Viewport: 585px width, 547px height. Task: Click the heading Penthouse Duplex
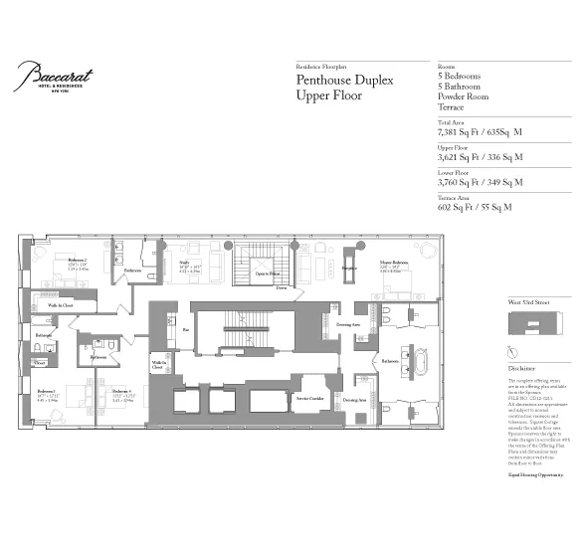tap(345, 79)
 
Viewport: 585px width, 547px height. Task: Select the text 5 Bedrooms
tap(459, 76)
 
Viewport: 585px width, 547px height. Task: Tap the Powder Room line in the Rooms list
tap(464, 96)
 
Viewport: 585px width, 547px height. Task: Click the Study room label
tap(183, 263)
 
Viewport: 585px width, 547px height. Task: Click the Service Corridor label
tap(309, 399)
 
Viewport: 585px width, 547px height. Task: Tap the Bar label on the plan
tap(185, 329)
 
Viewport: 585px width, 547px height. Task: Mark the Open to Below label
tap(268, 273)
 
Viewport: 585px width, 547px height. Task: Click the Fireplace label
tap(349, 268)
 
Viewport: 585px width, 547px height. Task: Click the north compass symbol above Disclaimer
tap(511, 352)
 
